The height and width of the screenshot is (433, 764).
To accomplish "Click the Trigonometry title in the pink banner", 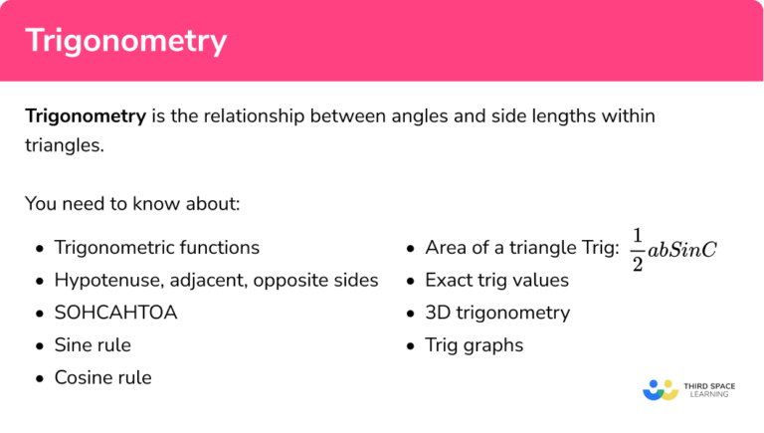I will click(x=125, y=41).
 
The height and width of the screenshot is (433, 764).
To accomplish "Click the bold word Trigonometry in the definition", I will click(x=86, y=116).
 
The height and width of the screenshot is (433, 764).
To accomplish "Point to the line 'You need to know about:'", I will click(x=132, y=204).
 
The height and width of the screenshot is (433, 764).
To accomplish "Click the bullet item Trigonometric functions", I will click(x=156, y=248).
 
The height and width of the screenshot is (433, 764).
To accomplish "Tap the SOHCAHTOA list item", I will click(x=115, y=313).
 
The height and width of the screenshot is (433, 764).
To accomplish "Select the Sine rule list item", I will click(x=93, y=345).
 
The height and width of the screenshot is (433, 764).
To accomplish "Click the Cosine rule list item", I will click(x=102, y=378).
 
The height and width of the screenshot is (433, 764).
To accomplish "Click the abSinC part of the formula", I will click(x=682, y=250).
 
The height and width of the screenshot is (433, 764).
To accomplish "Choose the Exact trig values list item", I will click(x=496, y=280).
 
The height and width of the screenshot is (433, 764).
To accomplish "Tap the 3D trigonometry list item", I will click(x=497, y=313).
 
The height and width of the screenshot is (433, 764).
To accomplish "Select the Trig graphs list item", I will click(x=474, y=345).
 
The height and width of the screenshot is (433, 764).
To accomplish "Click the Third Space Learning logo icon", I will click(x=660, y=389).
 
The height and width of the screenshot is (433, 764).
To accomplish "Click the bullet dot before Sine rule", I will click(x=39, y=346).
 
